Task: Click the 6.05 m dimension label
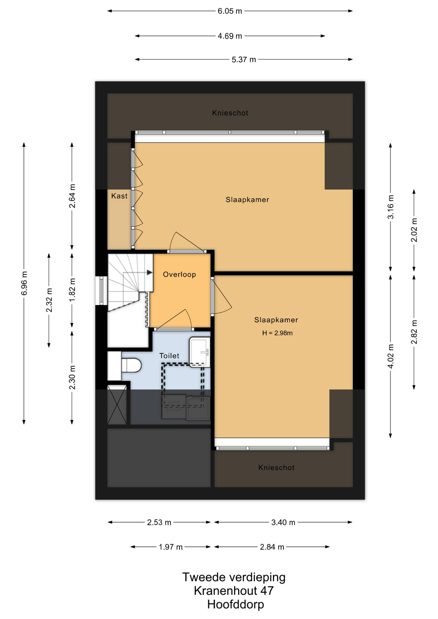click(x=230, y=11)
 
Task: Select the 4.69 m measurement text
click(x=230, y=36)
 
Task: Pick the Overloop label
click(x=179, y=274)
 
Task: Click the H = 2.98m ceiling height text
click(x=277, y=333)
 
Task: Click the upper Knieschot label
click(x=230, y=113)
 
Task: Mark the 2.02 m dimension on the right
click(x=414, y=230)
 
